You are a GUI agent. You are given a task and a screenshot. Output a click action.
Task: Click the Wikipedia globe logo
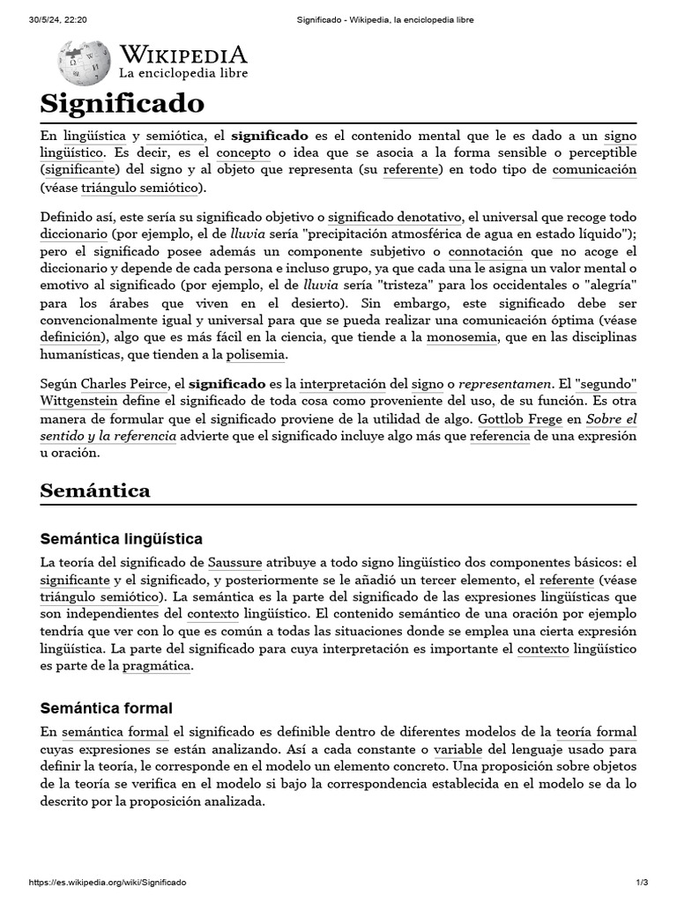[84, 63]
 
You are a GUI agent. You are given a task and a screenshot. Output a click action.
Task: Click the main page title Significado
[122, 103]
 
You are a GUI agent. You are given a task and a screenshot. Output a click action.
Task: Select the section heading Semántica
[95, 491]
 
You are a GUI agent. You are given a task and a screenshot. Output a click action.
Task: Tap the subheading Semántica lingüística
[122, 538]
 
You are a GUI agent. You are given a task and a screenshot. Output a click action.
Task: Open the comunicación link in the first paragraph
[594, 169]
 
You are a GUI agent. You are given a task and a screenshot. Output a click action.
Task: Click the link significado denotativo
[395, 217]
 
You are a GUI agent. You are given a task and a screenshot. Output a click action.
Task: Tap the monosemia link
[459, 337]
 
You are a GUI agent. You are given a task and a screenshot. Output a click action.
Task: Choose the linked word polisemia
[256, 354]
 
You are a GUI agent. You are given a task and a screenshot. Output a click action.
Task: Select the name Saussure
[234, 562]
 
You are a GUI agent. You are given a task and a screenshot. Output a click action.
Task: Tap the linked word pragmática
[156, 666]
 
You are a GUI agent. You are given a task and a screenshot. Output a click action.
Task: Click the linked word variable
[457, 750]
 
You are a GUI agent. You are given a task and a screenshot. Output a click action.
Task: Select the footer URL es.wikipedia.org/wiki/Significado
[107, 883]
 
